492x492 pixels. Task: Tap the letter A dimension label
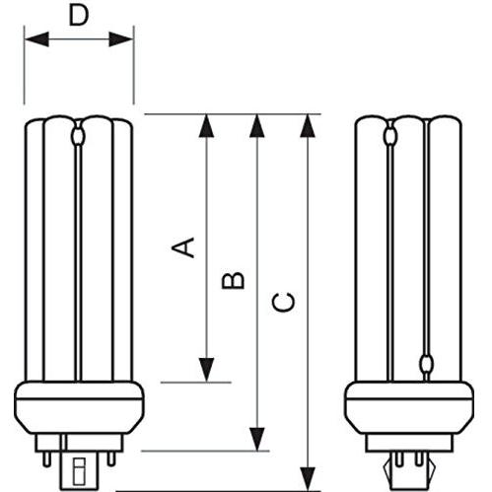click(182, 246)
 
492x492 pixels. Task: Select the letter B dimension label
click(234, 280)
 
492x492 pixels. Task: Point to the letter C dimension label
click(283, 301)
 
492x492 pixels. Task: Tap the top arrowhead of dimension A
click(207, 124)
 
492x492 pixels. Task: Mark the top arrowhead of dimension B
click(258, 124)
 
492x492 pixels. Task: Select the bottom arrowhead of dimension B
click(258, 441)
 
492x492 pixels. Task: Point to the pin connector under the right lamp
click(409, 457)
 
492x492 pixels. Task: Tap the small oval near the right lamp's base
click(426, 365)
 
